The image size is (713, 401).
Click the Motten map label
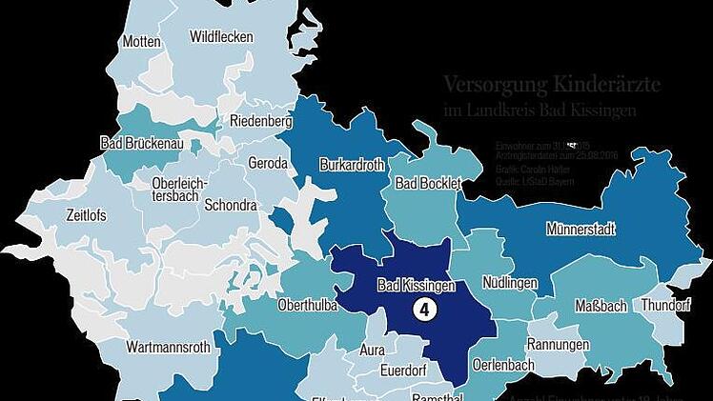point(140,42)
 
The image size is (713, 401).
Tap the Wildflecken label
point(221,37)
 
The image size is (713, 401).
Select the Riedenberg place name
point(260,121)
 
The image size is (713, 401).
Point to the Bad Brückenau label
point(141,143)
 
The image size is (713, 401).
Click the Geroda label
point(268,163)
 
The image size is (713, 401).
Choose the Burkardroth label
point(352,165)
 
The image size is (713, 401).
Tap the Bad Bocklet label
point(427,182)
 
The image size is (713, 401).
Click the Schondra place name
point(231,205)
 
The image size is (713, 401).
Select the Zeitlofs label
point(86,215)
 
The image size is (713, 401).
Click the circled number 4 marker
point(423,310)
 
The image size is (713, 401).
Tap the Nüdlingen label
point(510,284)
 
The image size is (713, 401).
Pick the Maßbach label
point(601,306)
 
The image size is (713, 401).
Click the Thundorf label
point(665,306)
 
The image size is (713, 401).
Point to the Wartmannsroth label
point(168,347)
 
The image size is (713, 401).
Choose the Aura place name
point(372,351)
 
